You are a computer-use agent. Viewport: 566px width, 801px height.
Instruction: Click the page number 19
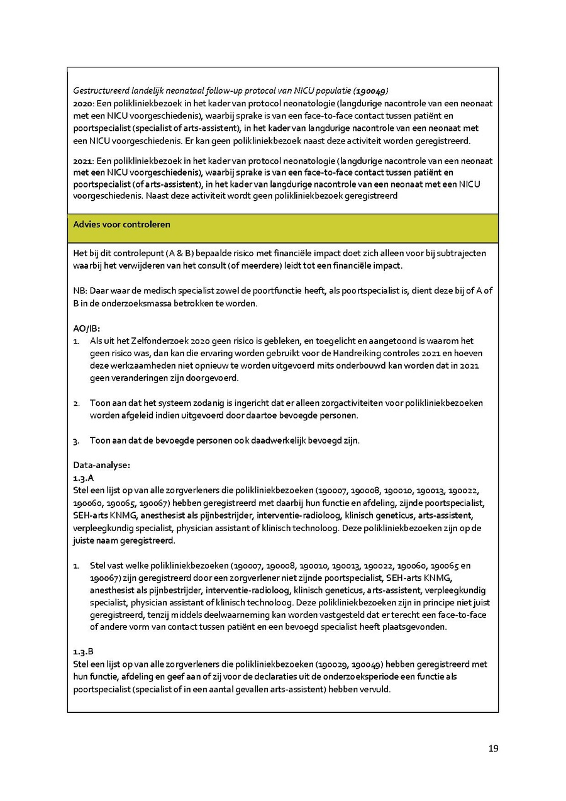(493, 748)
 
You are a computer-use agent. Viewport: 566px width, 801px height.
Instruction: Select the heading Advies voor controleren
(121, 225)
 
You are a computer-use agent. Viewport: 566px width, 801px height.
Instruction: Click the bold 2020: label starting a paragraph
(83, 103)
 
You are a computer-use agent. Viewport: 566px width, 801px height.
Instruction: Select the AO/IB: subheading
(87, 328)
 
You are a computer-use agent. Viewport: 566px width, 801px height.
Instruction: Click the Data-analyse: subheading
(101, 465)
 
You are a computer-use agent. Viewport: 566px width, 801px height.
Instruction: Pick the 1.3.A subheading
(84, 478)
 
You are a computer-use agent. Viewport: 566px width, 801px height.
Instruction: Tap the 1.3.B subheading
(84, 651)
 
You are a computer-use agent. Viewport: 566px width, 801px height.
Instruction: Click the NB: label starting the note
(80, 291)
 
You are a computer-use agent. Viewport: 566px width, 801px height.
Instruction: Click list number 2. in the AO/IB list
(76, 403)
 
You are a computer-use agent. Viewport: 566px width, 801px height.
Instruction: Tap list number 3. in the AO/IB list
(76, 440)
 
